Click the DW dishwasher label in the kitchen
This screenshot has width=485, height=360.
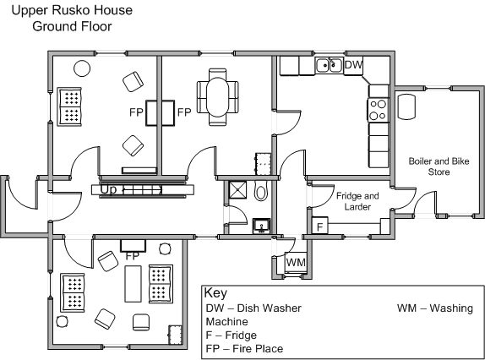353,65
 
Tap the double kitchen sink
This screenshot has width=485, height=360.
330,65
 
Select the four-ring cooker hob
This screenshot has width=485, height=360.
379,110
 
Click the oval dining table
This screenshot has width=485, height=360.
217,97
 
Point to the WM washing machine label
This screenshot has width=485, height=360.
296,262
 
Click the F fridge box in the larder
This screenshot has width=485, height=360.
320,226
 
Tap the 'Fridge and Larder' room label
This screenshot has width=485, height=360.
357,201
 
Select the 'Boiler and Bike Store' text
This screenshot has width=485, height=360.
439,166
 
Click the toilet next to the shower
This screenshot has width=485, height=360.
260,191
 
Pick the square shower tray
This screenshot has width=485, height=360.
238,190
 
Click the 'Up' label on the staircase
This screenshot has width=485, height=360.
108,190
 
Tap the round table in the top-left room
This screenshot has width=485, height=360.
82,68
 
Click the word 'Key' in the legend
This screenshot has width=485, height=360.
215,292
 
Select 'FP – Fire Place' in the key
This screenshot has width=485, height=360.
244,348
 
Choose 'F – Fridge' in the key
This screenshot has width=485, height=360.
232,335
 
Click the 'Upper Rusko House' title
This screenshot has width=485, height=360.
72,10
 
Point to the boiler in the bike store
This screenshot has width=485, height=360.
406,106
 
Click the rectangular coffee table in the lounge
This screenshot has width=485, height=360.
133,284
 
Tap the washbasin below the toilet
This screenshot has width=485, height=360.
261,226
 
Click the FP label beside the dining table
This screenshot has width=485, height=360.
184,112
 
